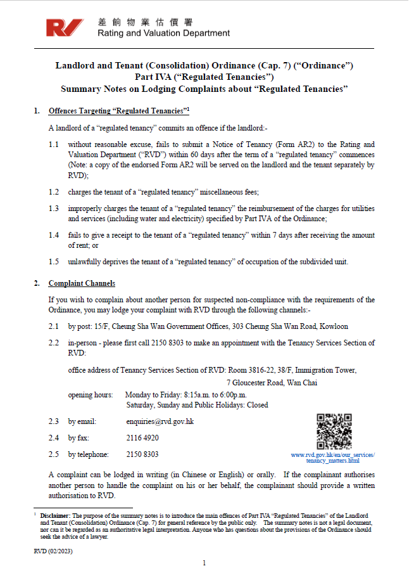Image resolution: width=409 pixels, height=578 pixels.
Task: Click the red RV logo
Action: pos(65,28)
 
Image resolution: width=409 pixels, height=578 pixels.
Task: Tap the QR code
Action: pos(334,431)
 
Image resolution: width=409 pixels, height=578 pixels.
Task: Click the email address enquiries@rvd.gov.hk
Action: pos(160,421)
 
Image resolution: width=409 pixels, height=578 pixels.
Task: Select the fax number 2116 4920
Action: pos(142,437)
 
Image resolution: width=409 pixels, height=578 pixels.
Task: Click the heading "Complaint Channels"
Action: pos(82,283)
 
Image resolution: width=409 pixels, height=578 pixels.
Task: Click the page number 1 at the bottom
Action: pos(204,563)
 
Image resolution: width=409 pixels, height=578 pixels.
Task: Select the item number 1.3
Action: pos(54,209)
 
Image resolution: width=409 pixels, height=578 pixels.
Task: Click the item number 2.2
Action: pos(54,343)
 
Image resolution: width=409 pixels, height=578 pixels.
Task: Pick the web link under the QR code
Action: pos(332,458)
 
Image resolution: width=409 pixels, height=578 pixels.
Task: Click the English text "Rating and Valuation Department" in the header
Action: pos(163,34)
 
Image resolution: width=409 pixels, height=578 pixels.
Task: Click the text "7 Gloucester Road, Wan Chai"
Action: pos(272,383)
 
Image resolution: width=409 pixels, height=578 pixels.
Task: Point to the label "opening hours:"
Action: pos(90,394)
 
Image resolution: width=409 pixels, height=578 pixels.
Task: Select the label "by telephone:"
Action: pos(88,454)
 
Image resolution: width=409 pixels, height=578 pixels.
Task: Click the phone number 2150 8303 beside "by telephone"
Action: pos(142,454)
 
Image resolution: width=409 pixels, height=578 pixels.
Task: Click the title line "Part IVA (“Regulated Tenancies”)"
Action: pos(204,77)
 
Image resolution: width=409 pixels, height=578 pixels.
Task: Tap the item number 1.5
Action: pos(54,262)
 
